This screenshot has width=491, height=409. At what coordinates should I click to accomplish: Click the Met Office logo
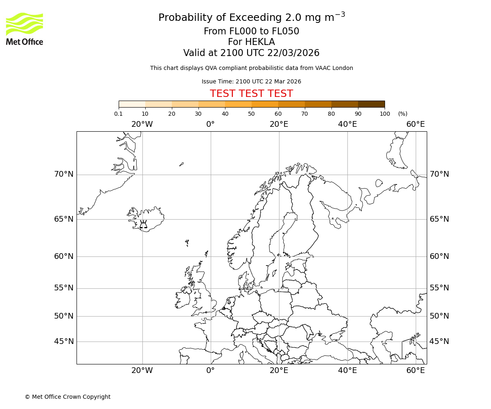click(25, 29)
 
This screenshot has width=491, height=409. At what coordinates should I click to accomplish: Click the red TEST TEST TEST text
click(251, 94)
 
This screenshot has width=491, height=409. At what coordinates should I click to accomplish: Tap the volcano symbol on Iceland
click(143, 224)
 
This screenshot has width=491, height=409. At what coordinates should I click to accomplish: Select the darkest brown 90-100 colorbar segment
click(371, 104)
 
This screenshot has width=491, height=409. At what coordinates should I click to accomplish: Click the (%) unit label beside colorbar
click(403, 114)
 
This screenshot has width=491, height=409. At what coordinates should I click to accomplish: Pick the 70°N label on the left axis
click(64, 174)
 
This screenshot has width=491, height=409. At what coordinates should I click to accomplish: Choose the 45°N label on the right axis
click(439, 341)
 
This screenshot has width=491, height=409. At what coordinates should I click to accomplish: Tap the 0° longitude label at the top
click(210, 124)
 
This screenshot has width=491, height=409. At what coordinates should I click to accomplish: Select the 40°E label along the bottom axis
click(347, 371)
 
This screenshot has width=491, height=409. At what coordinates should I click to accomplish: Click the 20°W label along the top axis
click(142, 124)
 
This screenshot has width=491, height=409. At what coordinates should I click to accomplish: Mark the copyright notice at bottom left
click(68, 397)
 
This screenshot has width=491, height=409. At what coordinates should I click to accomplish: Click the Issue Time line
click(251, 81)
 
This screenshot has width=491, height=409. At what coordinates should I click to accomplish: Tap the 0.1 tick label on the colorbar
click(118, 114)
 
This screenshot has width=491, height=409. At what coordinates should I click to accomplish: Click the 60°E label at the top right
click(416, 124)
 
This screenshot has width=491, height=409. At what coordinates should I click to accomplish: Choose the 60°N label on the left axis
click(64, 256)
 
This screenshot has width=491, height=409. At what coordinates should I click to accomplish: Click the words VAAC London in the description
click(336, 68)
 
